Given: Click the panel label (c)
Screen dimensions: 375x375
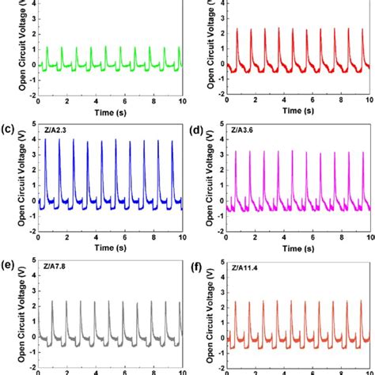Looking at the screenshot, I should (9, 127).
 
